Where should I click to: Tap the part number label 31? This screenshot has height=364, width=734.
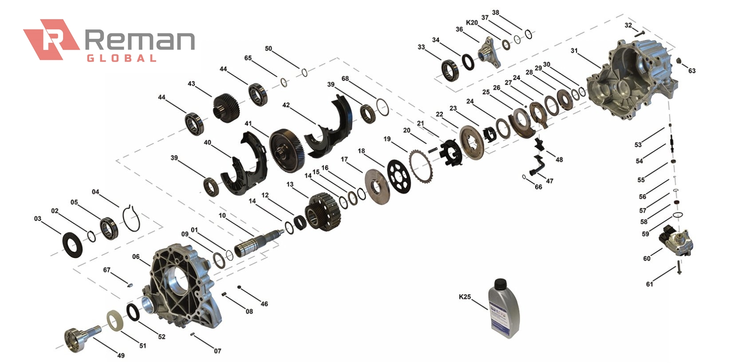coord(574,51)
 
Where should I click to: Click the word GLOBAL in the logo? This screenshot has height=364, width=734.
coord(121,58)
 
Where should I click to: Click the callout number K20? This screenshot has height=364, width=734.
coord(472,23)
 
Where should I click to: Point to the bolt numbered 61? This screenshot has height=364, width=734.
coord(679,268)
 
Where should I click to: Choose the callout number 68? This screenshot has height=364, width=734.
coord(345,78)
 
